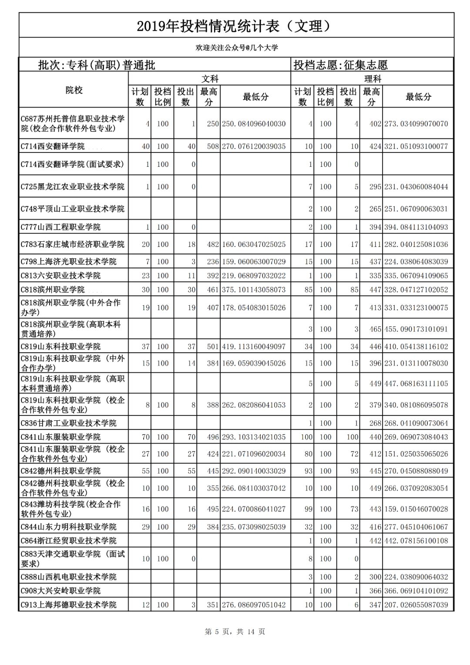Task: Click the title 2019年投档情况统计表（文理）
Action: coord(235,26)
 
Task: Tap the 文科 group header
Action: coord(209,79)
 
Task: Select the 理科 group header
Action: coord(372,79)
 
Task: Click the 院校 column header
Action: coord(74,90)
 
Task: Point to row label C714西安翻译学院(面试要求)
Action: coord(72,164)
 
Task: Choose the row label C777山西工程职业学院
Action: coord(60,227)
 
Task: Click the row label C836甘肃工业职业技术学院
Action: coord(68,423)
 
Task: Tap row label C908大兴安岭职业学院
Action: coord(60,591)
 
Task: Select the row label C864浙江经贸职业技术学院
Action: coord(68,540)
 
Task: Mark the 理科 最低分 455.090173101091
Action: coord(416,329)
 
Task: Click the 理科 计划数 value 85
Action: coord(309,290)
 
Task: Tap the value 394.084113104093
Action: coord(416,227)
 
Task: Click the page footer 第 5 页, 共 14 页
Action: coord(235,631)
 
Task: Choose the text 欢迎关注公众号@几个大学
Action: coord(236,47)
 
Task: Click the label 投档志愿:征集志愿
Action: coord(340,65)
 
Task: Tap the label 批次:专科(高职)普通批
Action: coord(97,65)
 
